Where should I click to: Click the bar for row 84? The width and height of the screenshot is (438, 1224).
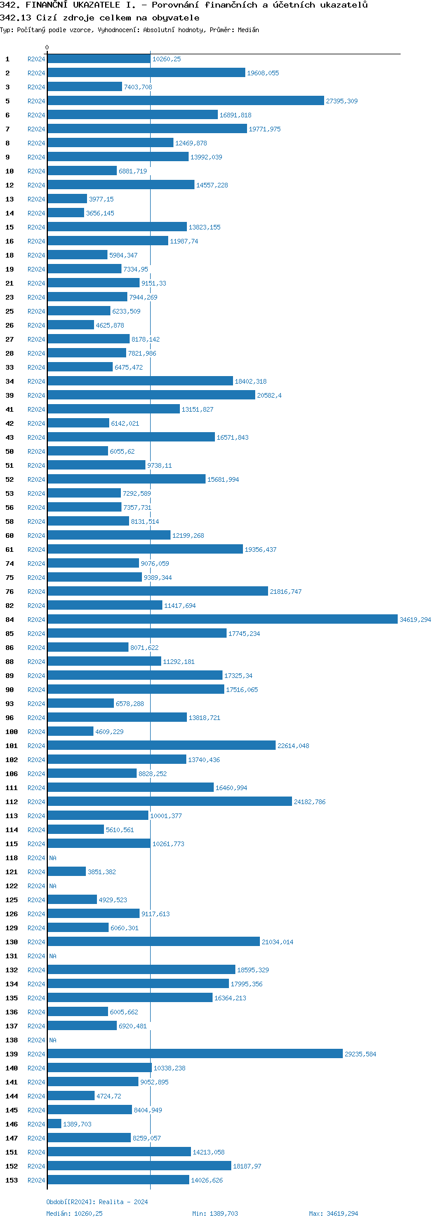[222, 619]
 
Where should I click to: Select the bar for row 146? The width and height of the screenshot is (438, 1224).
[54, 1124]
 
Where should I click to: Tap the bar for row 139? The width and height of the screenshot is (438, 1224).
[195, 1053]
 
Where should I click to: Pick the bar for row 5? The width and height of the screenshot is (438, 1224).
[186, 100]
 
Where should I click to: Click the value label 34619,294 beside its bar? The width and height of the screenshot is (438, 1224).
[415, 620]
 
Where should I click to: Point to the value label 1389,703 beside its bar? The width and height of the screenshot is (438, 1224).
[77, 1124]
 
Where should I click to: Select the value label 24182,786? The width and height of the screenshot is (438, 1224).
[310, 802]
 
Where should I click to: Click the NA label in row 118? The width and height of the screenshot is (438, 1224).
[53, 858]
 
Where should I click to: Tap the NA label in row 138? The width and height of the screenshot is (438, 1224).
[53, 1040]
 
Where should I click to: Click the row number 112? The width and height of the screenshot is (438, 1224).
[12, 802]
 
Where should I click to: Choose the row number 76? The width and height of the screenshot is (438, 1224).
[9, 592]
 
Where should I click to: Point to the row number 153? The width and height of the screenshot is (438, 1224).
[12, 1180]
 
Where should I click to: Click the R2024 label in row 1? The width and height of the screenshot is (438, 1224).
[36, 59]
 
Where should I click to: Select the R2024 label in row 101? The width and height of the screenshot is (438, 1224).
[36, 746]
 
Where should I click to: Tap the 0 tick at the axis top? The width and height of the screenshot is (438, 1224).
[47, 47]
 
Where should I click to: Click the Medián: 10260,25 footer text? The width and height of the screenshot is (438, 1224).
[74, 1213]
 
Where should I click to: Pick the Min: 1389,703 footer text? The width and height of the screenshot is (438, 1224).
[215, 1213]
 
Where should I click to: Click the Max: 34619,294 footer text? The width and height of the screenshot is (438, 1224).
[333, 1213]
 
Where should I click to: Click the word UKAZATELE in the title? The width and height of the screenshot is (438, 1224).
[96, 5]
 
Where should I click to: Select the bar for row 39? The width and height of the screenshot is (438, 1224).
[151, 395]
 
